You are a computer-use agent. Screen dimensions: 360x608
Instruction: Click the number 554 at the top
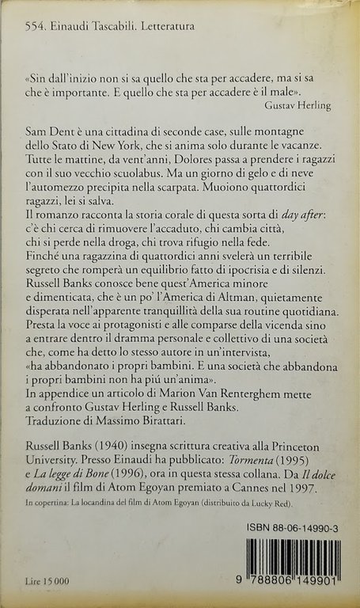(34, 27)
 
